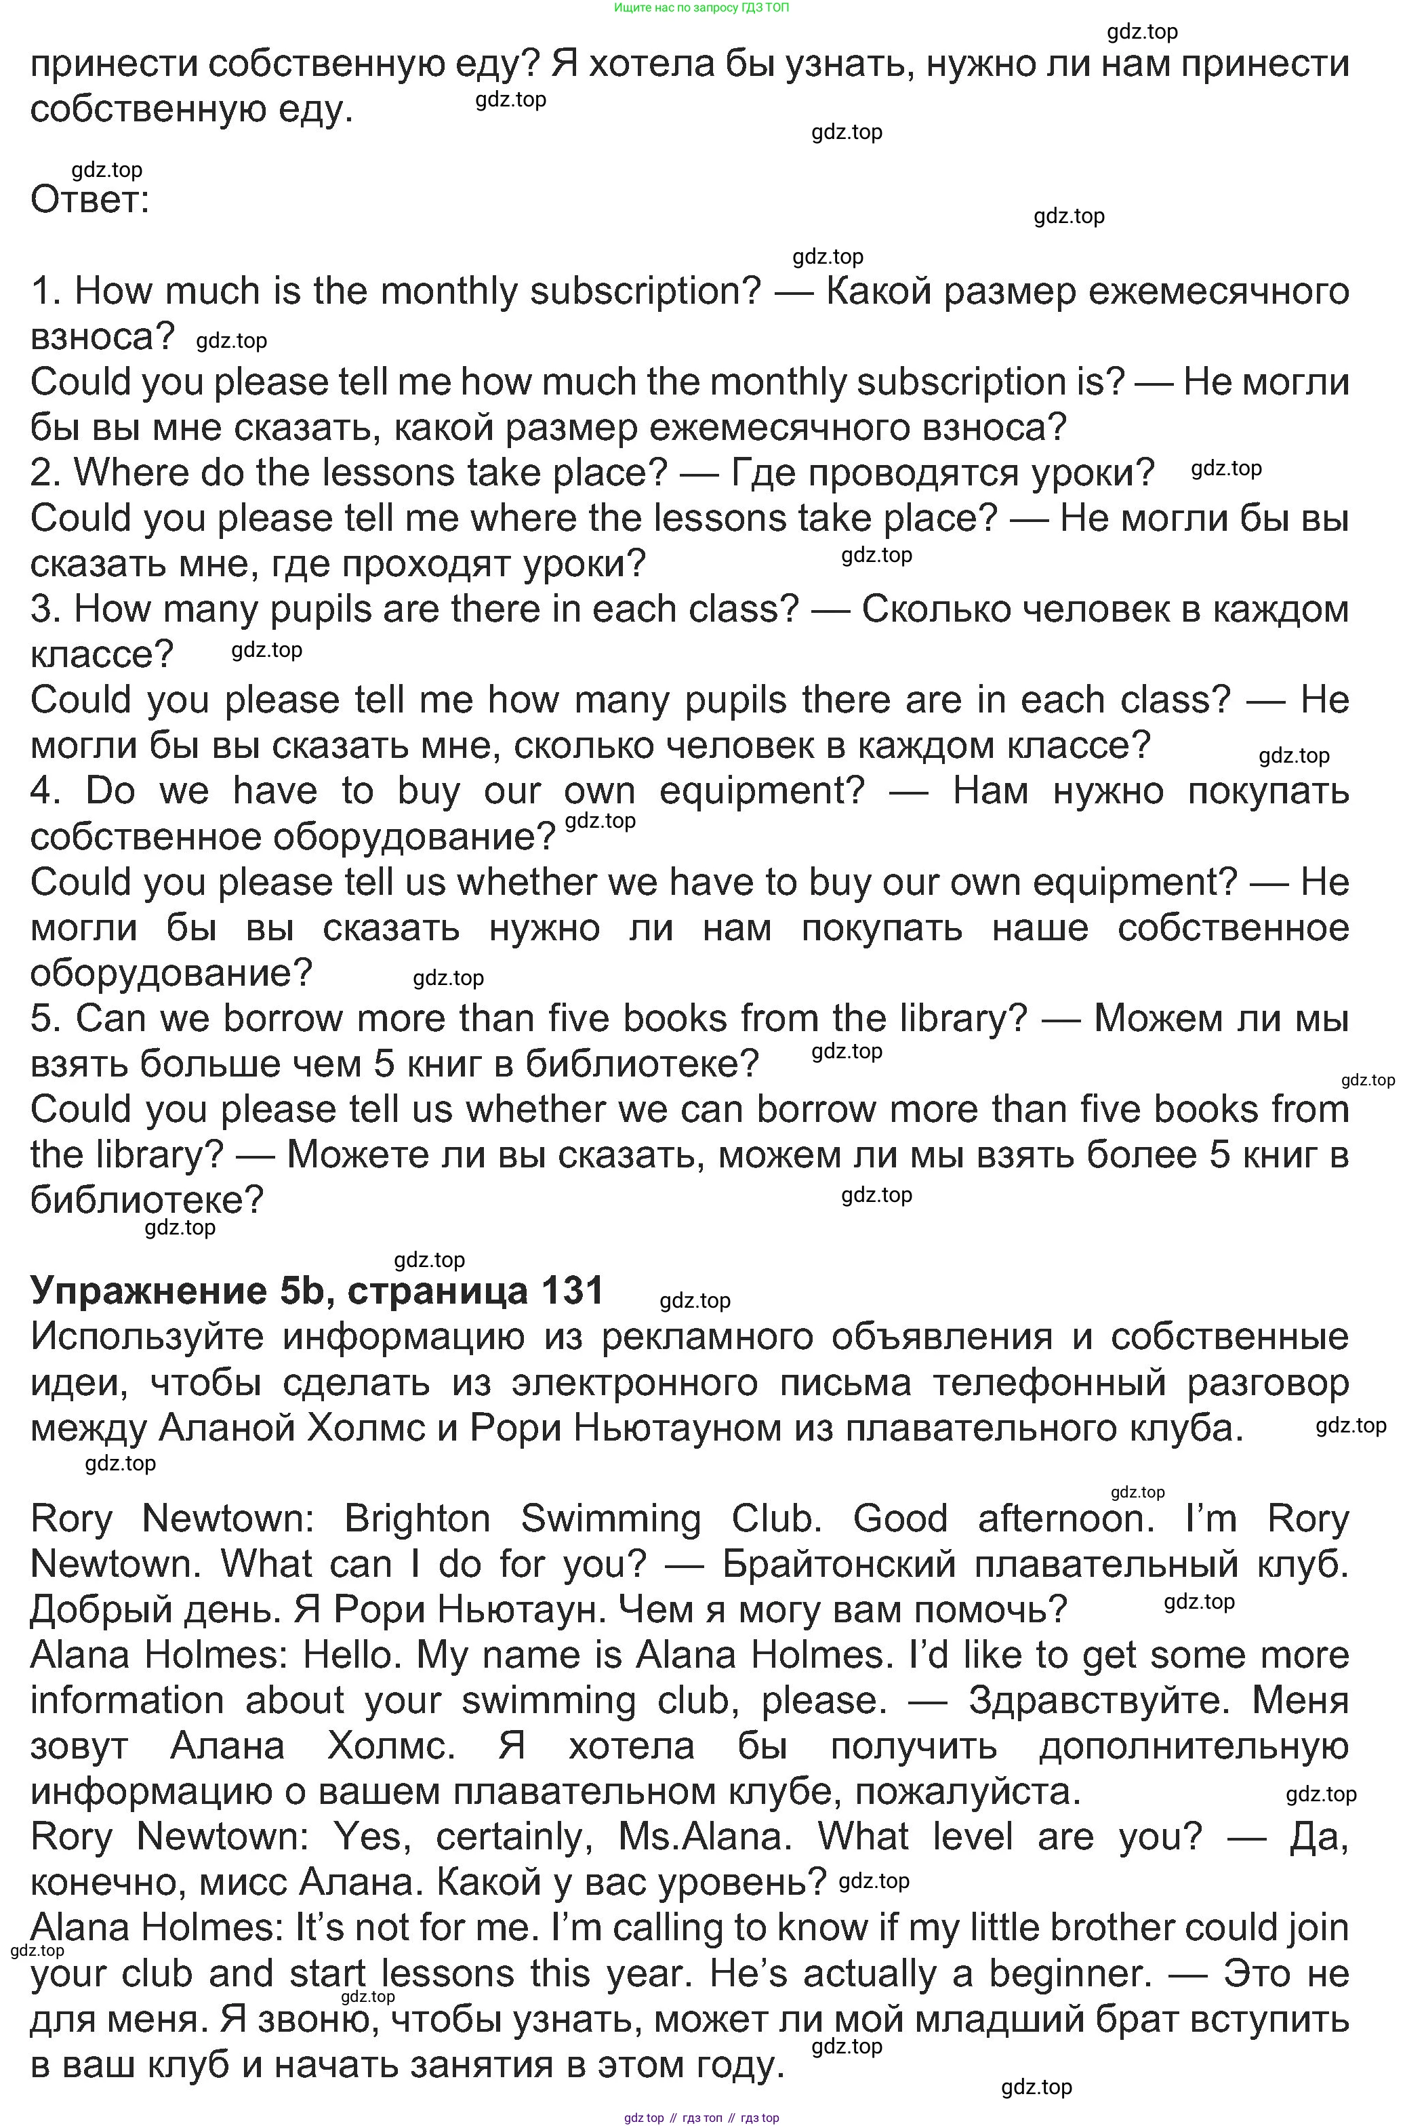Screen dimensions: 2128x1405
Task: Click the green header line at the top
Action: pyautogui.click(x=701, y=7)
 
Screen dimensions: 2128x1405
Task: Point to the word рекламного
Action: pyautogui.click(x=706, y=1337)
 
